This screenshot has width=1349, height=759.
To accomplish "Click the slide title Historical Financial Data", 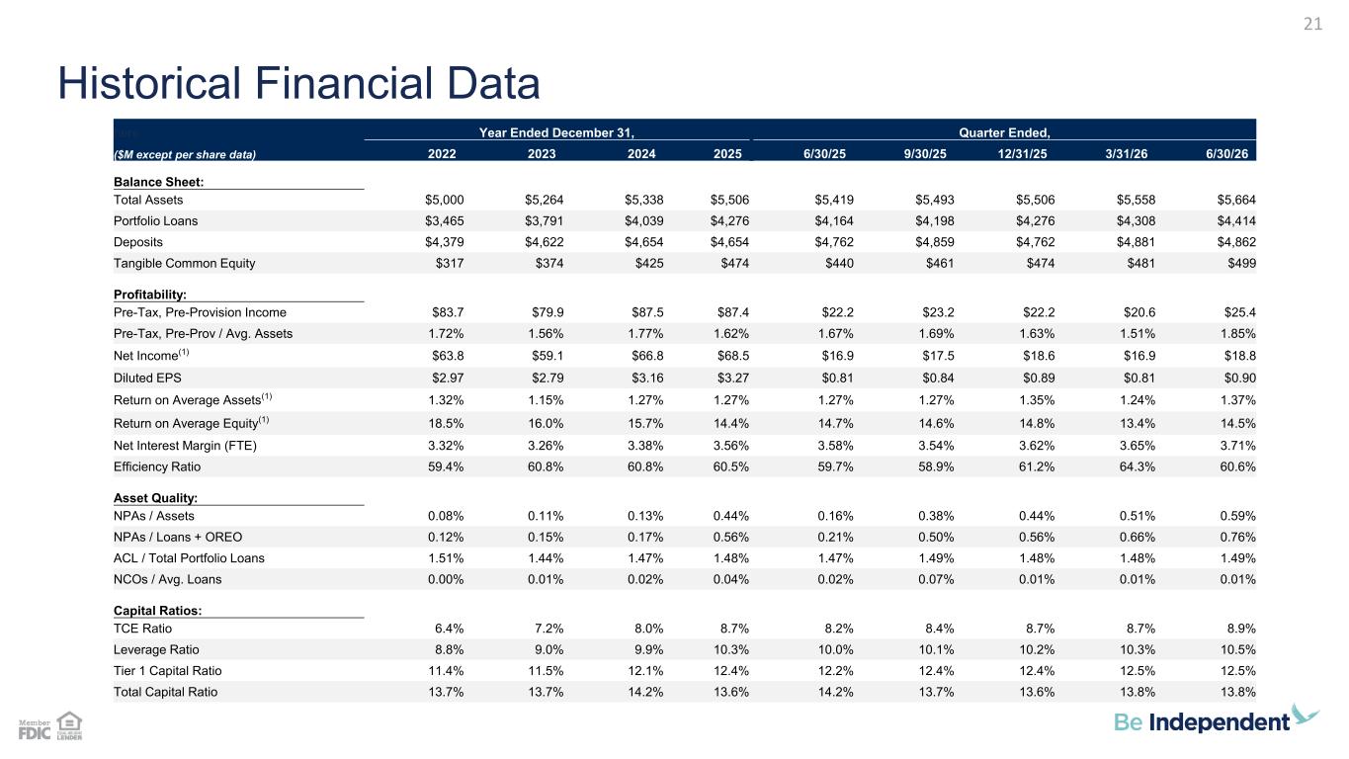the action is pyautogui.click(x=298, y=83).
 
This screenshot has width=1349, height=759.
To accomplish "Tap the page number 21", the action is pyautogui.click(x=1312, y=24).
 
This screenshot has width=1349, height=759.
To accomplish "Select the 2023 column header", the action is pyautogui.click(x=542, y=153).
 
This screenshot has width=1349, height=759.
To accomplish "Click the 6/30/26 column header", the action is pyautogui.click(x=1226, y=153).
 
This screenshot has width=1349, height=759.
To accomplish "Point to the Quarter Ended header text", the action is pyautogui.click(x=1004, y=132).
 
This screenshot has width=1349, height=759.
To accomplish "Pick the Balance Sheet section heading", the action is pyautogui.click(x=158, y=182).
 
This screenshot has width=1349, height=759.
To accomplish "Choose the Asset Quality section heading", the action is pyautogui.click(x=155, y=498).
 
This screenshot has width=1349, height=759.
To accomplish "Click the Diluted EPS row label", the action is pyautogui.click(x=147, y=378).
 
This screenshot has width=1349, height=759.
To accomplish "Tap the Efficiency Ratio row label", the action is pyautogui.click(x=156, y=466).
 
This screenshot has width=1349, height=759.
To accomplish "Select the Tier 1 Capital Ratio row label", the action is pyautogui.click(x=167, y=670).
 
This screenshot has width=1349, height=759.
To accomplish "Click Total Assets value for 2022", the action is pyautogui.click(x=445, y=200).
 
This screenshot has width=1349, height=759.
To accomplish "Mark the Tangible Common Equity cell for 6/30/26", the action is pyautogui.click(x=1242, y=263).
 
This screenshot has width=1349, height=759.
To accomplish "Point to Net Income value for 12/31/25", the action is pyautogui.click(x=1039, y=356).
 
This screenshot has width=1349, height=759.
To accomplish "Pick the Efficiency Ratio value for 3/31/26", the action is pyautogui.click(x=1137, y=466).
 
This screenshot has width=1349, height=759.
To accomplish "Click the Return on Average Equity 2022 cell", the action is pyautogui.click(x=446, y=423).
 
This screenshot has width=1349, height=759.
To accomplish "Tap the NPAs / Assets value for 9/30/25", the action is pyautogui.click(x=936, y=516).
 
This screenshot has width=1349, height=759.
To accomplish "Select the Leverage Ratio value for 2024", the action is pyautogui.click(x=648, y=649).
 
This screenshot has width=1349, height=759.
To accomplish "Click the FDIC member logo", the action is pyautogui.click(x=35, y=729).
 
